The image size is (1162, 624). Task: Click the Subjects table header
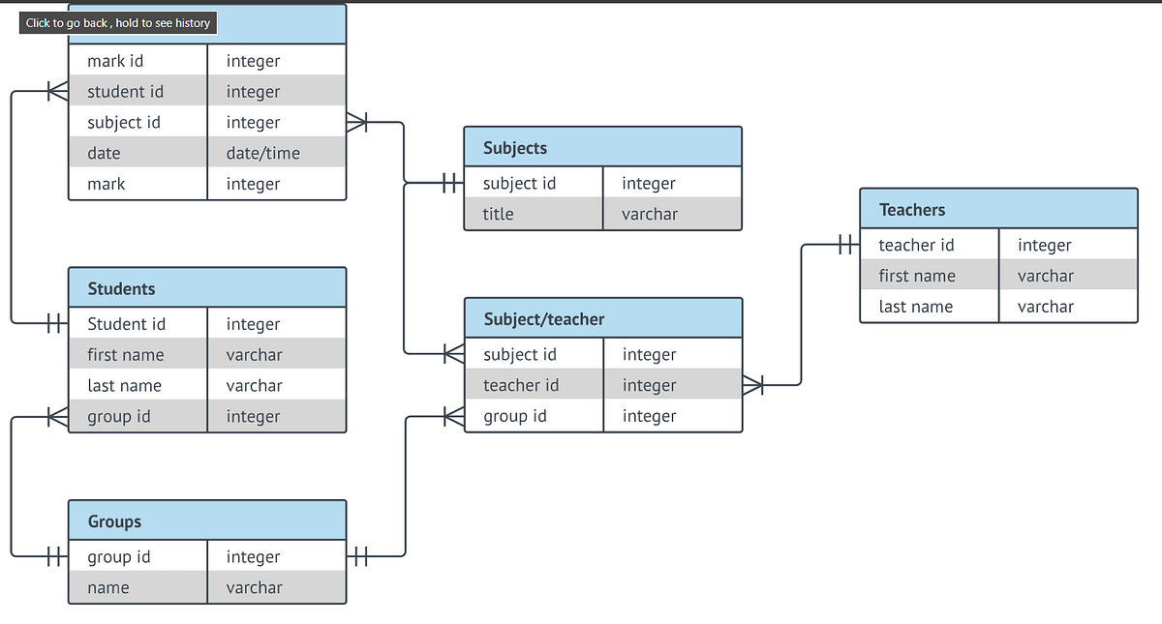pos(515,148)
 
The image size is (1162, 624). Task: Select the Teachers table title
pos(911,210)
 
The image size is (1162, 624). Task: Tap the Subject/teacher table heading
pos(543,318)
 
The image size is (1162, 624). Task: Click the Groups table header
pos(114,521)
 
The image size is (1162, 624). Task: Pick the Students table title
pos(121,288)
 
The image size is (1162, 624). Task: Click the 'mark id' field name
pos(115,61)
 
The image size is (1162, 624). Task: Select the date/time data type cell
pos(262,153)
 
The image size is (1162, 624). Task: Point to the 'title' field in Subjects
pos(498,214)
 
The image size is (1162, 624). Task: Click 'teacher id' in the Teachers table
pos(916,245)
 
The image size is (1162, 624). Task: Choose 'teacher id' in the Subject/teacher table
pos(521,385)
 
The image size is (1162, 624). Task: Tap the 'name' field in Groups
pos(107,587)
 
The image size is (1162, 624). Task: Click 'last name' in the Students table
pos(124,385)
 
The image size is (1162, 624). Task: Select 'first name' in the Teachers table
pos(916,276)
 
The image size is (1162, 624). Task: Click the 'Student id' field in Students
pos(126,324)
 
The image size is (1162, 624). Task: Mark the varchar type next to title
pos(649,214)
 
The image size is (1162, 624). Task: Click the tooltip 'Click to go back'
pos(118,22)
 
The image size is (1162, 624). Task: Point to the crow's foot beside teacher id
pos(753,386)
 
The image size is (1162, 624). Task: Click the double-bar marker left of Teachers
pos(846,245)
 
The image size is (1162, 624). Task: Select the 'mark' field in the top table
pos(106,184)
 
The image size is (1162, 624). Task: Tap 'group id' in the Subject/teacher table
pos(514,416)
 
